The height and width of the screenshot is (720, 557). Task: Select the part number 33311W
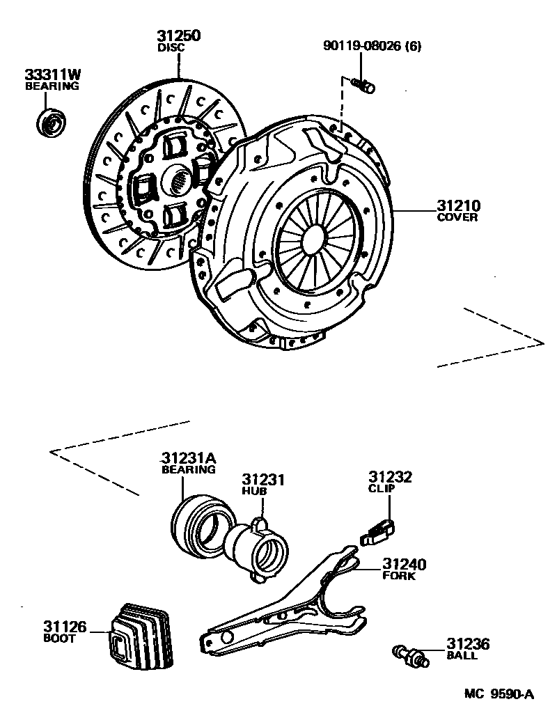(x=52, y=75)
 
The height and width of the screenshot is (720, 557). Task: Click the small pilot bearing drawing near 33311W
(x=51, y=123)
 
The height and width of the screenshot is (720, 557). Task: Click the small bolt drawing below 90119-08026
(x=363, y=86)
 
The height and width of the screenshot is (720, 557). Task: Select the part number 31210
(x=459, y=205)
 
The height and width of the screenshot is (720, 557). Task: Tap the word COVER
(x=457, y=217)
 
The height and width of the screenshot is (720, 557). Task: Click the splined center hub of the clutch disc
(x=180, y=182)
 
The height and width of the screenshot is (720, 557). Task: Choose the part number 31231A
(x=189, y=458)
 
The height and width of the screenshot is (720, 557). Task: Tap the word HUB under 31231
(x=255, y=492)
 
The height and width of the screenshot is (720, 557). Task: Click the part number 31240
(x=404, y=564)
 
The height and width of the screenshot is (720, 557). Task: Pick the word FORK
(x=399, y=576)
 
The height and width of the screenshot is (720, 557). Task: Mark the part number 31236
(x=468, y=645)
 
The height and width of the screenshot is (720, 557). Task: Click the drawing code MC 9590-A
(x=499, y=694)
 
